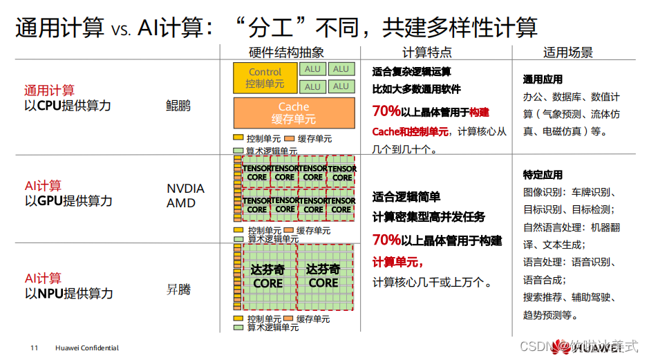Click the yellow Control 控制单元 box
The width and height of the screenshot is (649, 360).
265,78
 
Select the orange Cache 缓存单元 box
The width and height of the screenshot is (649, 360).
294,113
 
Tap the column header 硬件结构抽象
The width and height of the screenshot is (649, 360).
286,53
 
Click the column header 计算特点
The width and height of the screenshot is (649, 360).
427,53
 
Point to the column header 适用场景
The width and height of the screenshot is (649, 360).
568,53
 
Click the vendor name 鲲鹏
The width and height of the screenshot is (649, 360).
178,106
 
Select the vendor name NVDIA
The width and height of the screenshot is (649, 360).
186,189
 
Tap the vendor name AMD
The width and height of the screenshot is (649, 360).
181,203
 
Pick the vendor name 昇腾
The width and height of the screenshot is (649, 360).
178,290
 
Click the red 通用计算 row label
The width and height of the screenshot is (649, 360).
49,91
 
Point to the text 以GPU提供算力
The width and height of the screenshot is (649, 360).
68,201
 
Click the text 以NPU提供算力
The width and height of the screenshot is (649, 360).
68,294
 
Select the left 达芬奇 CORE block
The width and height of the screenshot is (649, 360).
267,276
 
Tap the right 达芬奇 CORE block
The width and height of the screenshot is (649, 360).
323,276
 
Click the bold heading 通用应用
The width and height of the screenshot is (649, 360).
543,79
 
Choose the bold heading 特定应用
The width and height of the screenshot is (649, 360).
543,175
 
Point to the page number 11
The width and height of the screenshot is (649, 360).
34,348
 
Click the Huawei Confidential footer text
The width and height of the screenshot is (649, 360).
87,348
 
